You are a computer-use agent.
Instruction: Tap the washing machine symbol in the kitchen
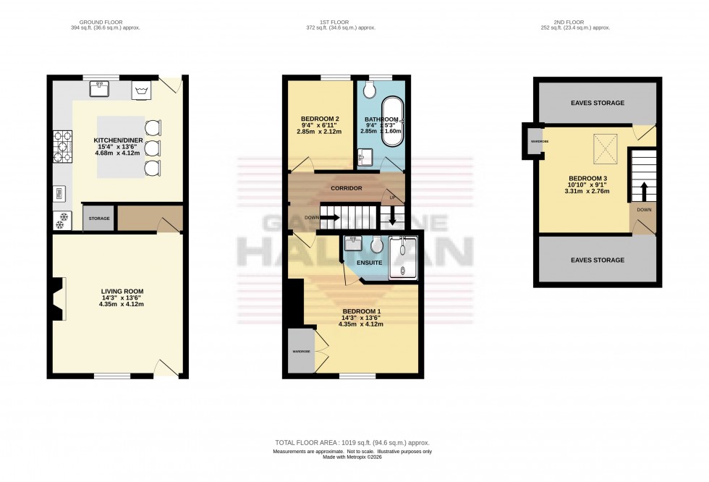141,90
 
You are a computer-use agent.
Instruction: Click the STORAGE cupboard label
98,218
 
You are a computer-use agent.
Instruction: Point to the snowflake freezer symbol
61,220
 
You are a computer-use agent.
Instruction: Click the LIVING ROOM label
117,291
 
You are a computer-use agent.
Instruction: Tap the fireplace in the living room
57,298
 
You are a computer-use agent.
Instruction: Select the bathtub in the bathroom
394,119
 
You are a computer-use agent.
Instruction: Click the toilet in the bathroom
370,89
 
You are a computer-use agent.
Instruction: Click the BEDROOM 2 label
319,119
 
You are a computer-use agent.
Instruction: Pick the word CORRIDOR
346,187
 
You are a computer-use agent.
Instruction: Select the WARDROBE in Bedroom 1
301,351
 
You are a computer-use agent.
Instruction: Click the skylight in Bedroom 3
605,144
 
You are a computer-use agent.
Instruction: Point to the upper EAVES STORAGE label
597,103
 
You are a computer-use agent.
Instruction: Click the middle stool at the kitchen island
153,148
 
